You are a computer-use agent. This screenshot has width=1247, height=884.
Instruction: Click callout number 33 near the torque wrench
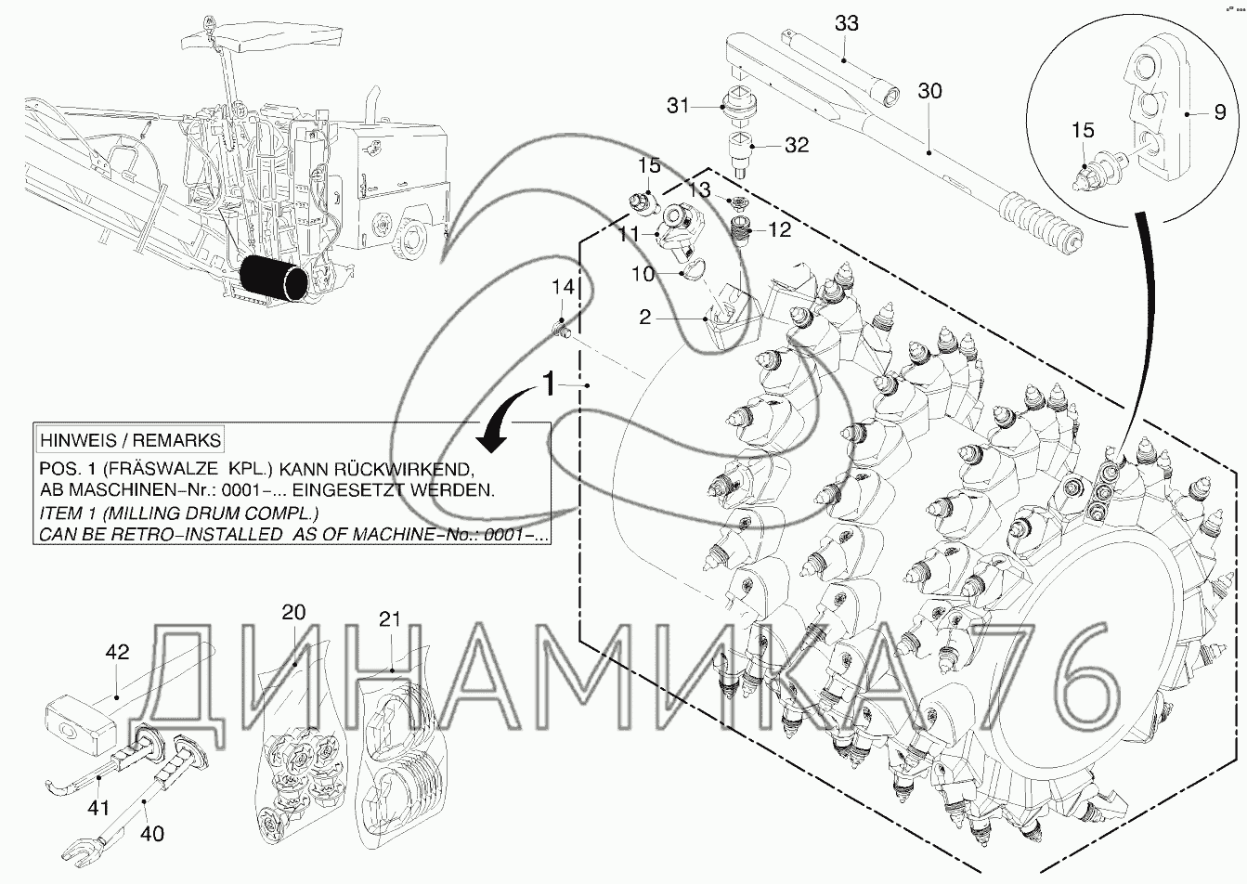coord(846,23)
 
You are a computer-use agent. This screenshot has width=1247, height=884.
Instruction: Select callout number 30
coord(929,91)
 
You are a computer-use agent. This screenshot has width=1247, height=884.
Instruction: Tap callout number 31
coord(678,106)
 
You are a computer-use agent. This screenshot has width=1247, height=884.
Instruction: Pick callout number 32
coord(796,145)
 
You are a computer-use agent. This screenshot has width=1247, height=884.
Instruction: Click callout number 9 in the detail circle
coord(1219,113)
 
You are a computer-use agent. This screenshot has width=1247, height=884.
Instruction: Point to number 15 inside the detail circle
coord(1083,131)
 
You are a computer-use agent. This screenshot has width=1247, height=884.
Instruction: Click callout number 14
coord(564,287)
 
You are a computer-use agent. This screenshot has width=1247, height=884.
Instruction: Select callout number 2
coord(643,317)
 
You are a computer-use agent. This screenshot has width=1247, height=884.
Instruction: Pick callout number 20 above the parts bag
coord(293,613)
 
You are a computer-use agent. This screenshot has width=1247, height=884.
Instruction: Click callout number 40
coord(152,833)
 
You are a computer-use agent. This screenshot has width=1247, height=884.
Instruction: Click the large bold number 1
coord(550,383)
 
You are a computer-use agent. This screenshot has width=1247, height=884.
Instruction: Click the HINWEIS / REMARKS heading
coord(129,439)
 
